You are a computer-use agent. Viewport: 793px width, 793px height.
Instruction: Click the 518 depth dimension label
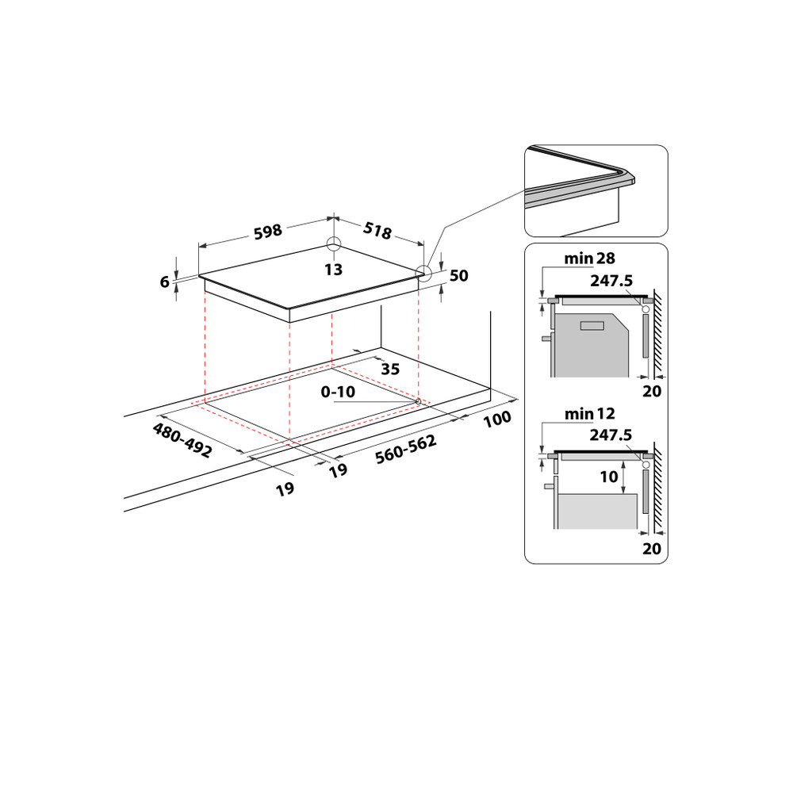[x=377, y=231]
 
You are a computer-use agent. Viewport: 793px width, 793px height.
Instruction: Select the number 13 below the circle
[x=333, y=270]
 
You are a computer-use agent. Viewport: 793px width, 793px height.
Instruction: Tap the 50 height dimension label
[x=458, y=276]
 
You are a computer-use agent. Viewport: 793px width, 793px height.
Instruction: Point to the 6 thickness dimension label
[x=165, y=282]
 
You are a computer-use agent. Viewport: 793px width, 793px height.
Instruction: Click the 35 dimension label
[x=389, y=369]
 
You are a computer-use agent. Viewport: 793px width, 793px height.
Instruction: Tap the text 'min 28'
[x=589, y=259]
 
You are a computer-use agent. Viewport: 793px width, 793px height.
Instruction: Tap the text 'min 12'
[x=589, y=413]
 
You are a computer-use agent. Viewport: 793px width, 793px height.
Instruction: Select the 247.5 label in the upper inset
[x=611, y=280]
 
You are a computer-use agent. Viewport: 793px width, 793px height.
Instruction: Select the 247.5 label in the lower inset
[x=611, y=435]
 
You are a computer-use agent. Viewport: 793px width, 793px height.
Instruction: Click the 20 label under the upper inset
[x=651, y=391]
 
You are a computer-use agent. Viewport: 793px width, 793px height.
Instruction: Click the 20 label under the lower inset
[x=651, y=547]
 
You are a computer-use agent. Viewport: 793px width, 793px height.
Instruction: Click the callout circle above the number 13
[x=334, y=244]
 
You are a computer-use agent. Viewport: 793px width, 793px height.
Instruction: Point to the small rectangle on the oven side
[x=592, y=325]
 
